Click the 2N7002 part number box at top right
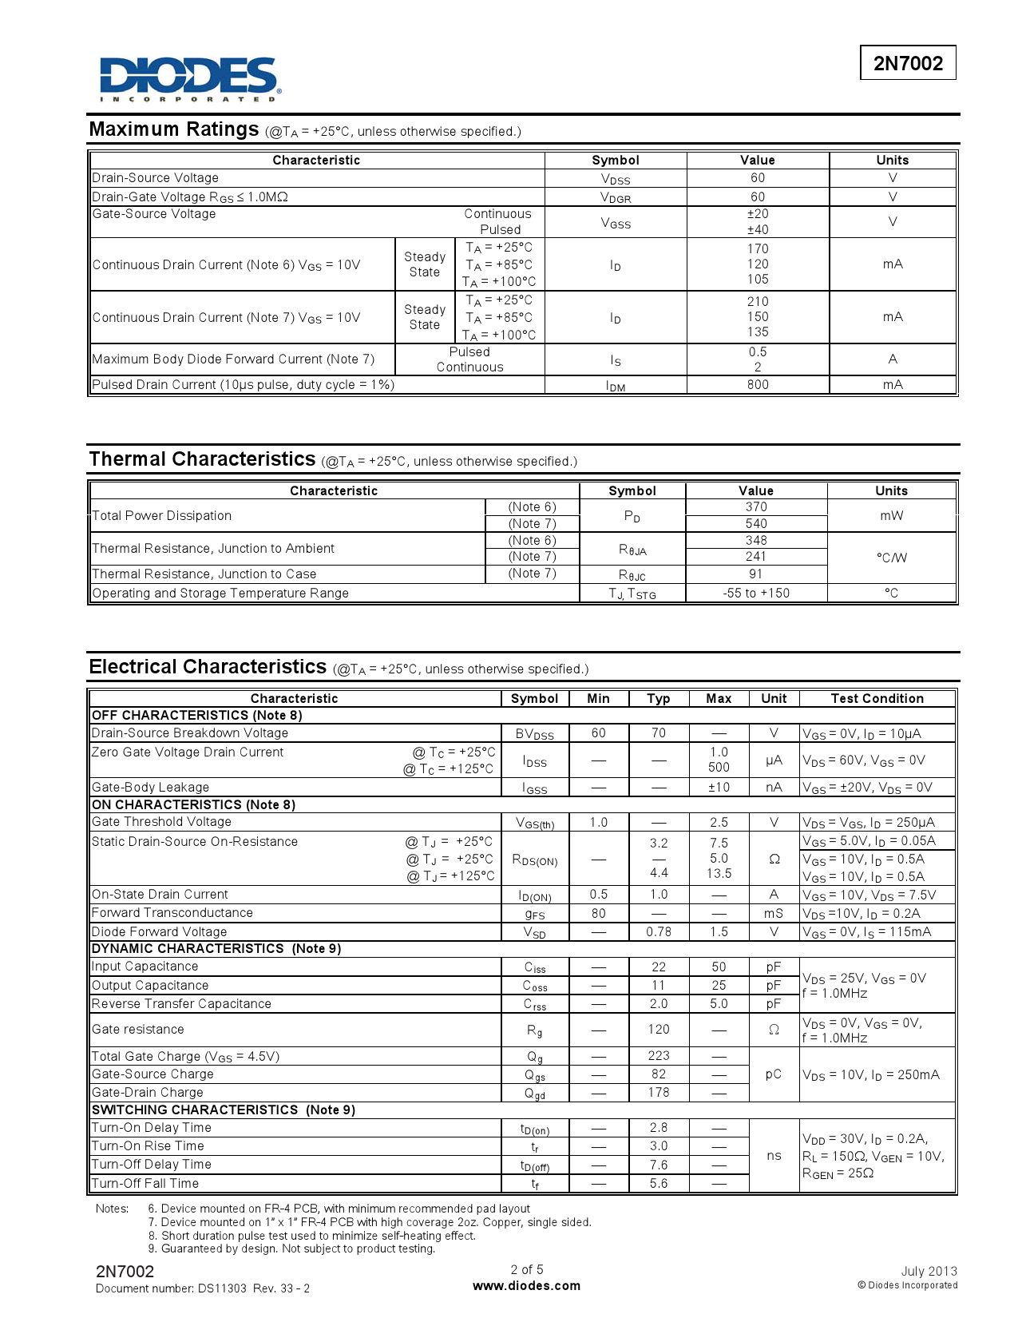click(x=908, y=63)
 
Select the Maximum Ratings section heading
click(x=174, y=129)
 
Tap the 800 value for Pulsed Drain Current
click(x=758, y=385)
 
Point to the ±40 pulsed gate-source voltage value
click(x=758, y=230)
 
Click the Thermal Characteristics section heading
click(x=203, y=459)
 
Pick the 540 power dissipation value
click(x=756, y=524)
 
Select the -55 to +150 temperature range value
click(x=756, y=593)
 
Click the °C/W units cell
click(x=892, y=558)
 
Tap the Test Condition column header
click(x=877, y=699)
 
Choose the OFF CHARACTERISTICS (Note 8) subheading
click(x=196, y=716)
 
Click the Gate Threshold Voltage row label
click(x=162, y=822)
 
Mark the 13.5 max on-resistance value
click(x=719, y=874)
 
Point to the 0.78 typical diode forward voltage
click(x=659, y=932)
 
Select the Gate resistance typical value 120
click(x=659, y=1030)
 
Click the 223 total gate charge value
click(x=659, y=1056)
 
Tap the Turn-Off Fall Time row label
click(x=145, y=1184)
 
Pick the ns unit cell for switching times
click(x=774, y=1156)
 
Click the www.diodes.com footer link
click(x=527, y=1286)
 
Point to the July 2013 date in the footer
click(x=929, y=1271)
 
